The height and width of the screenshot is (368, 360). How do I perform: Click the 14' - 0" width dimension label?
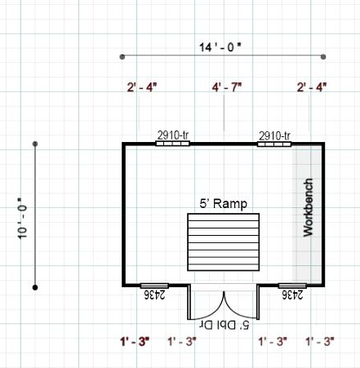(x=220, y=47)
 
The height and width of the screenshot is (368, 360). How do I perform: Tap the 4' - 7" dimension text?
(x=227, y=87)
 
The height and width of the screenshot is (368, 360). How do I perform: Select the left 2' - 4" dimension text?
(x=142, y=87)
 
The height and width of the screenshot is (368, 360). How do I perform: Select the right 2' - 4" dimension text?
(x=312, y=87)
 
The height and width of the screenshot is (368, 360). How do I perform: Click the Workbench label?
(x=308, y=207)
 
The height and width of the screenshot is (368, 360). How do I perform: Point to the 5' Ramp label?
(x=224, y=204)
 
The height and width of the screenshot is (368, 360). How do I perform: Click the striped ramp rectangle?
(x=224, y=242)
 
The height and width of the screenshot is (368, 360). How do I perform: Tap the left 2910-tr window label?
(x=173, y=135)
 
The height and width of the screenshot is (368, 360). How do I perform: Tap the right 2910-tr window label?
(x=274, y=135)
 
